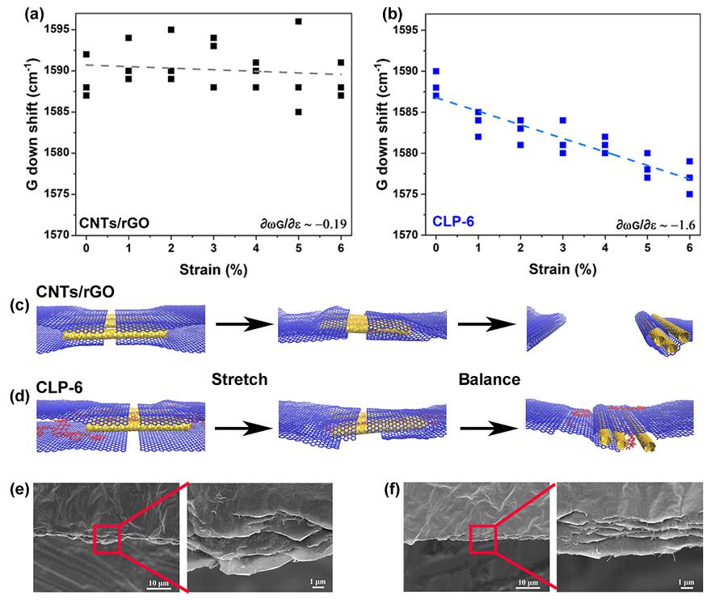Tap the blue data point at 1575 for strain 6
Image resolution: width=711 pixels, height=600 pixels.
[689, 194]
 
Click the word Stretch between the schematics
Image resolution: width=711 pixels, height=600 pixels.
[239, 378]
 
